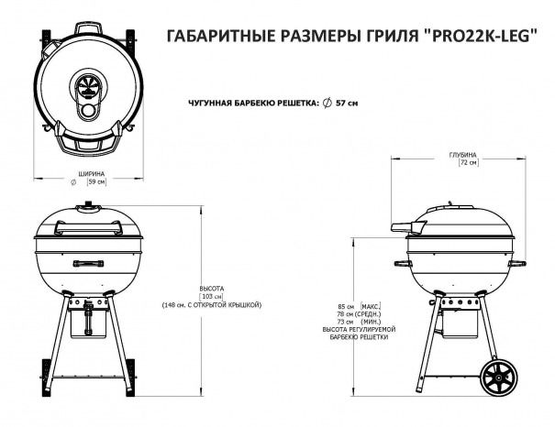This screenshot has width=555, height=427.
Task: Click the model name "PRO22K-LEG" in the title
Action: pos(481,36)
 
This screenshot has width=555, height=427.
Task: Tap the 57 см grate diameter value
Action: pos(347,103)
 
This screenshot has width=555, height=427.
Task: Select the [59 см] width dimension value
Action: pos(96,181)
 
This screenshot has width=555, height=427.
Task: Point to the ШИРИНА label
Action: pos(92,174)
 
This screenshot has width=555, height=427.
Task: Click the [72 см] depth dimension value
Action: pos(468,162)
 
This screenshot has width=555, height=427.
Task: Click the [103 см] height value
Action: pos(212,296)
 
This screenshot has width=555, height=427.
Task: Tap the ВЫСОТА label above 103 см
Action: pos(212,289)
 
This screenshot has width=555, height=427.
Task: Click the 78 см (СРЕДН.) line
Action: pos(360,314)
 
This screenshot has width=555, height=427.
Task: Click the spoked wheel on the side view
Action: pos(499,378)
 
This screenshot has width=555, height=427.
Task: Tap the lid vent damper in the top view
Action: pos(87,86)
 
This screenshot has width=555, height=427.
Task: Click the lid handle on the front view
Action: pos(88,227)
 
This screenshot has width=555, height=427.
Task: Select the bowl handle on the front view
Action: pos(88,263)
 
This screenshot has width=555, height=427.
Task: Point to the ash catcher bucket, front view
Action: pos(88,323)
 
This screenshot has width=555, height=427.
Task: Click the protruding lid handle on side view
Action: pos(408,226)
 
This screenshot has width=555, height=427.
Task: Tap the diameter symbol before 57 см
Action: pos(327,103)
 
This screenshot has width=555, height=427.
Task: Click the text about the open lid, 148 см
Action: pos(212,305)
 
